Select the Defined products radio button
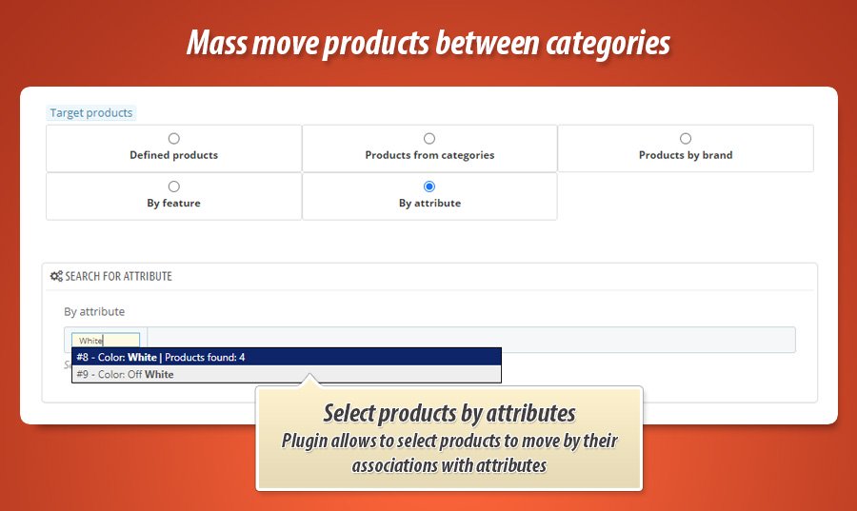(x=173, y=139)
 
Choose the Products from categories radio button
(x=429, y=139)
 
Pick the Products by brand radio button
(x=686, y=139)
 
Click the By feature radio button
(x=173, y=187)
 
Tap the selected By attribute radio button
(x=429, y=187)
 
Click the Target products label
(x=91, y=113)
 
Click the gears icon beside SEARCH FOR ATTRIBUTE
(x=56, y=276)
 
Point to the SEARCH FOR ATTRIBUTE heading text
(x=119, y=276)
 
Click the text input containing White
(x=106, y=341)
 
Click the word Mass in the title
(x=214, y=43)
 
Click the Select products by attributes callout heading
(x=448, y=413)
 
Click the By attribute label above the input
(x=94, y=311)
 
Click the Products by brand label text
(x=686, y=155)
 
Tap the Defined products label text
(x=173, y=155)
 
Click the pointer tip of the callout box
(x=308, y=379)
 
